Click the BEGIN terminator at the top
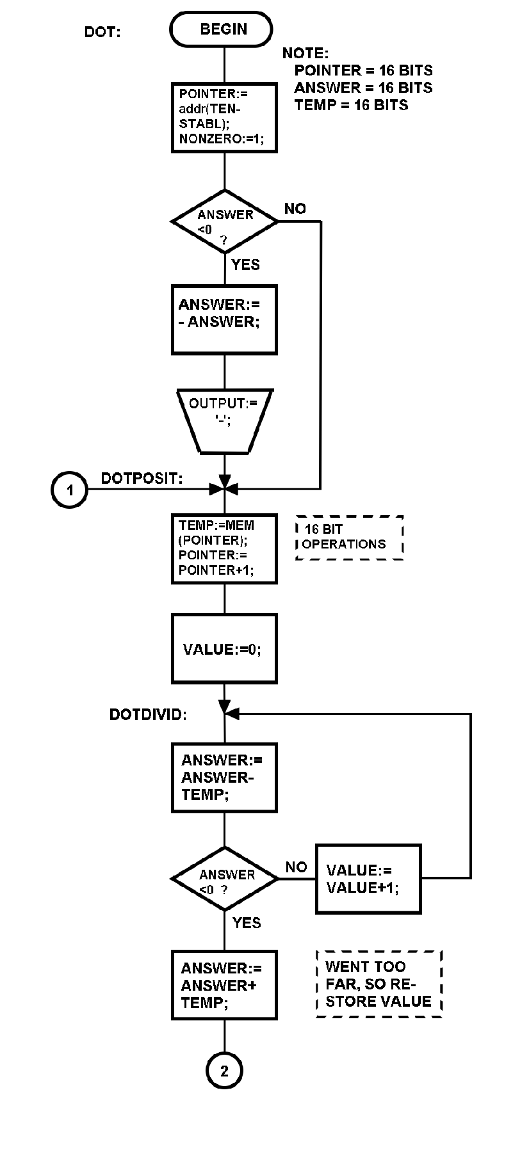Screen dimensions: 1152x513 [x=222, y=29]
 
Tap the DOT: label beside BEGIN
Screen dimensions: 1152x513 [x=102, y=31]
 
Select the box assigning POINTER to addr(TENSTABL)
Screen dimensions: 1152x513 [x=224, y=117]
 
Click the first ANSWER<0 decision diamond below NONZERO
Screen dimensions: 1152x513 [x=225, y=221]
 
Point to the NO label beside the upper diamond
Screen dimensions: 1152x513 [x=295, y=209]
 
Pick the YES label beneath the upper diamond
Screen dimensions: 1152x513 [x=245, y=265]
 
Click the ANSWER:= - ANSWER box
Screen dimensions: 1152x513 [x=224, y=320]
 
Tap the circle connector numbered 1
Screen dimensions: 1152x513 [x=69, y=490]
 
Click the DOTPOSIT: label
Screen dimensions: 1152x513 [x=142, y=478]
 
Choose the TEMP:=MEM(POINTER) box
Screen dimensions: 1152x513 [x=224, y=548]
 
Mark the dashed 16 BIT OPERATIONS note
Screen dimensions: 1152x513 [x=350, y=538]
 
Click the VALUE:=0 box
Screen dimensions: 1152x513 [x=224, y=649]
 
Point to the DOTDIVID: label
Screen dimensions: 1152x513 [x=148, y=715]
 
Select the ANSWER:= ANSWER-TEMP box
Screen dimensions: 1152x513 [x=224, y=778]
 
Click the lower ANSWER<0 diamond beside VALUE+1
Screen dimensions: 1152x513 [x=225, y=879]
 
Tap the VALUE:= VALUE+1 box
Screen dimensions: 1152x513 [x=368, y=879]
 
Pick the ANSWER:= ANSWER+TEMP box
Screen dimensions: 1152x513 [x=224, y=985]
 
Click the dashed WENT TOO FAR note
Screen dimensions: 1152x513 [x=379, y=984]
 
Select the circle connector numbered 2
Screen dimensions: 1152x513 [x=224, y=1071]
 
